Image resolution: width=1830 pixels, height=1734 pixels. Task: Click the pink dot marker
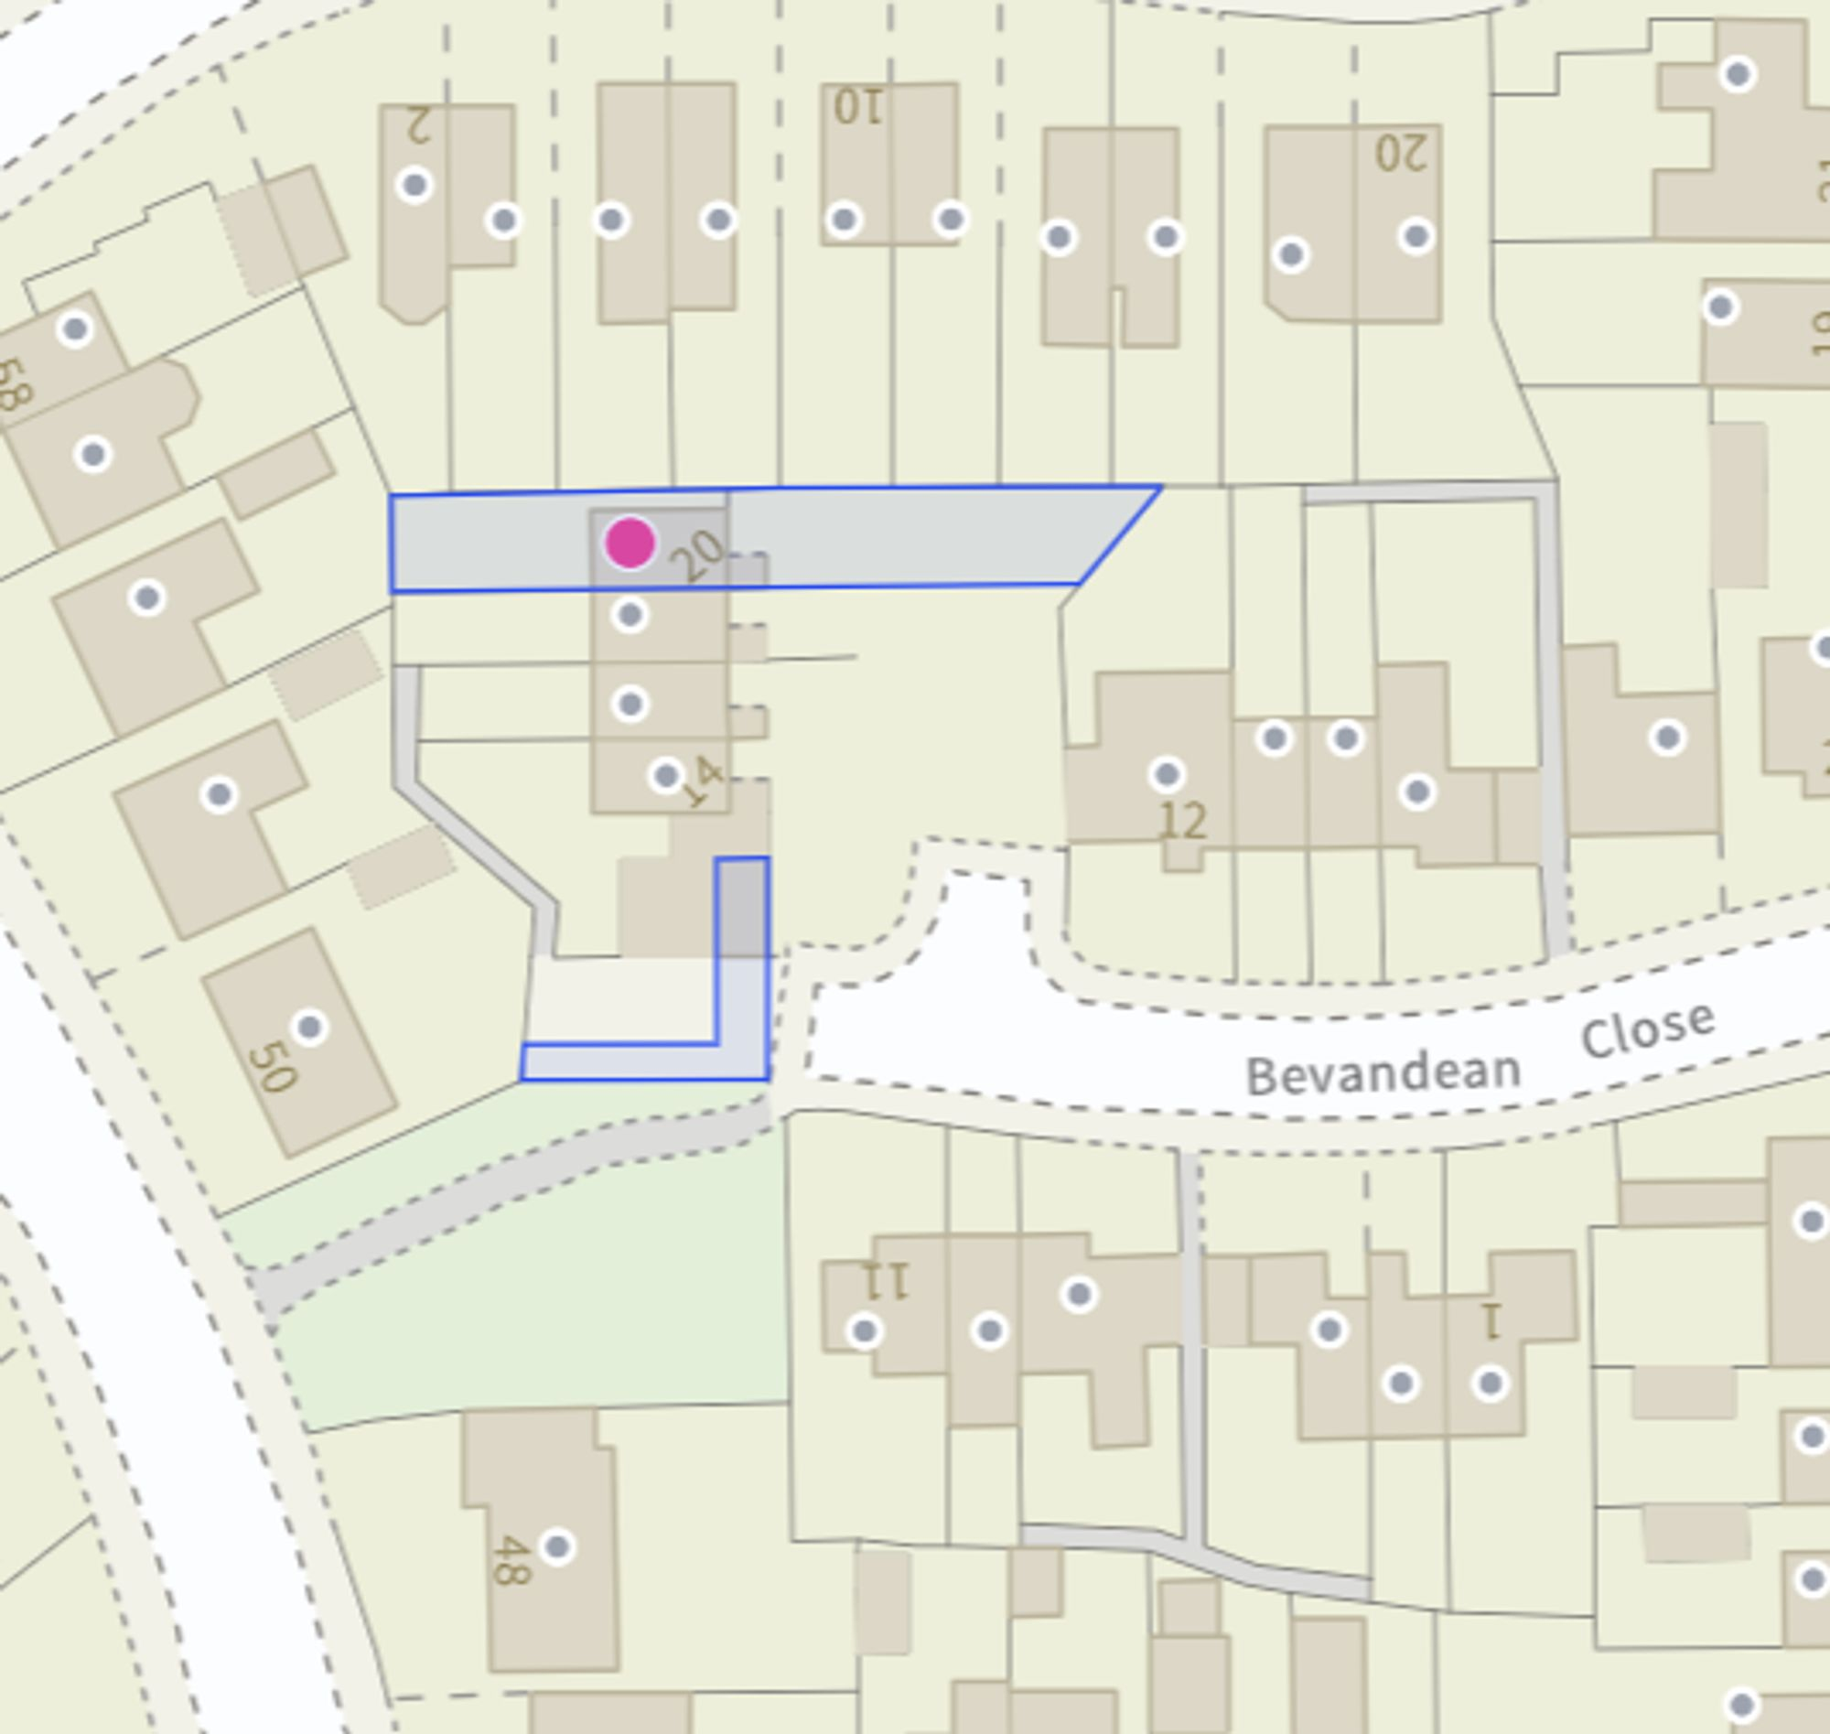[630, 543]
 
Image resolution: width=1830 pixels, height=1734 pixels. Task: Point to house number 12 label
[1182, 821]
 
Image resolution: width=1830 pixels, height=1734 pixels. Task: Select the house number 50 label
[272, 1067]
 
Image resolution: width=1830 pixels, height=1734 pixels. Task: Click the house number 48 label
[511, 1559]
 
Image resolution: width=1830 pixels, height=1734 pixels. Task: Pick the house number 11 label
[886, 1281]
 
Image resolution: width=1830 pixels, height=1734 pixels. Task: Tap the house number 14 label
[705, 782]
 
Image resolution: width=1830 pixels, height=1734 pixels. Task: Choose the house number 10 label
[857, 107]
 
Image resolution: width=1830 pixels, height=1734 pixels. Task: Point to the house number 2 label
[419, 125]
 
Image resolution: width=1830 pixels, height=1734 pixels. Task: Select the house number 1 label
[1490, 1321]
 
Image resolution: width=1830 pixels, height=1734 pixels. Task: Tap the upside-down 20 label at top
[1401, 154]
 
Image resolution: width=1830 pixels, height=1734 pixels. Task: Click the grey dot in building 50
[309, 1027]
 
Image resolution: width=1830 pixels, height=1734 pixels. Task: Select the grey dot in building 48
[556, 1546]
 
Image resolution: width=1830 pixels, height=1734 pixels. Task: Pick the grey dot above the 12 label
[1167, 773]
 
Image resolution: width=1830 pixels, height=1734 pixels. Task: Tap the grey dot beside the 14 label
[666, 775]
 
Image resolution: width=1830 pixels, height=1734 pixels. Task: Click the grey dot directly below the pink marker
[630, 615]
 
